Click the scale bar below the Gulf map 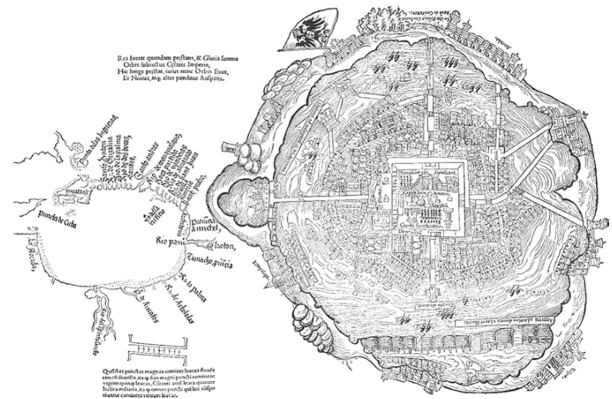[x=158, y=348]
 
